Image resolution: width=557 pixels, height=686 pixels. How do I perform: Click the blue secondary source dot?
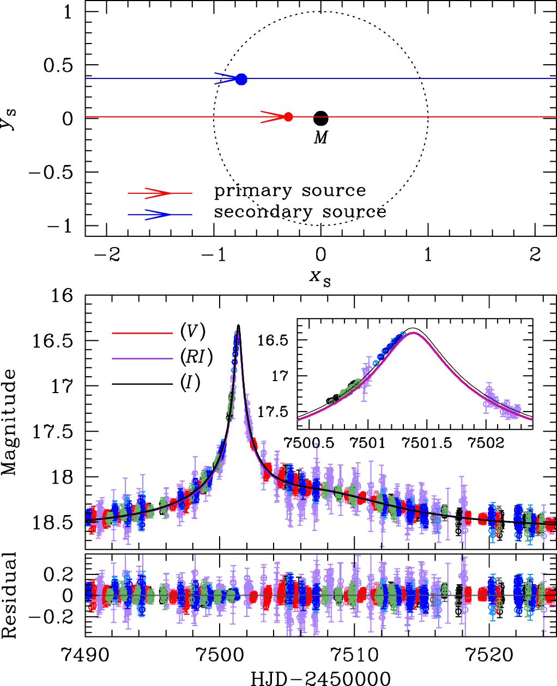[241, 79]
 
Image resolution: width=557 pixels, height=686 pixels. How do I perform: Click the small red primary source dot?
[288, 117]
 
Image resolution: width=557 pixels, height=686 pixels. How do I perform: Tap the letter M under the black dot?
[320, 138]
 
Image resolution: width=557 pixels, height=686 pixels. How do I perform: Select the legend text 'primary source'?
[290, 191]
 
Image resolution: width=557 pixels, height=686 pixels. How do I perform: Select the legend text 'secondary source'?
[300, 212]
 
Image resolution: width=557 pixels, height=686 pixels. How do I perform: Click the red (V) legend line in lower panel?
[142, 332]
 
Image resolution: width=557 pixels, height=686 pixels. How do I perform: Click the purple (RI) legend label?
[196, 357]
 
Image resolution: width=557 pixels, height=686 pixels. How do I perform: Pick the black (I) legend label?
[190, 383]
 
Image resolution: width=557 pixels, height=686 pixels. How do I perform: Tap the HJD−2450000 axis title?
[320, 678]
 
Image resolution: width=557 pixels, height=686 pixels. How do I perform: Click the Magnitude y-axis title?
[9, 422]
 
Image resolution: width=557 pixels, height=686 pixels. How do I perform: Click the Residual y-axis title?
[9, 595]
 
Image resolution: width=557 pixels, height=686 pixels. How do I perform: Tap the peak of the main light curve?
[238, 326]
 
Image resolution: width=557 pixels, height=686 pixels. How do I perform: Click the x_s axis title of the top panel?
[320, 278]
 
